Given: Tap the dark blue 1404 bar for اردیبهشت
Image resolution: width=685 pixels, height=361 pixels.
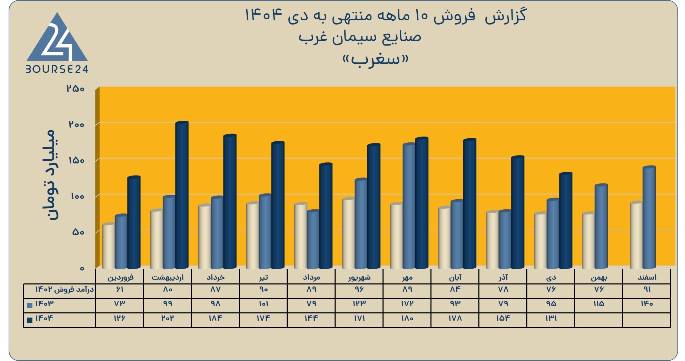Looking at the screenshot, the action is coord(182,195).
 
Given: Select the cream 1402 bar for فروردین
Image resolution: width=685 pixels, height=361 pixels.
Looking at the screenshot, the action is coord(109,246).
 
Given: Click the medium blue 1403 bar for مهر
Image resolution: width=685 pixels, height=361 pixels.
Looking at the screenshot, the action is coord(409,206).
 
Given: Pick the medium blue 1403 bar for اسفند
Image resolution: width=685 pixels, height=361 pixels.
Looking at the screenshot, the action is coord(649,218).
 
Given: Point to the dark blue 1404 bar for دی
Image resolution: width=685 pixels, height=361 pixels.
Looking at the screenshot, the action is coord(566,221).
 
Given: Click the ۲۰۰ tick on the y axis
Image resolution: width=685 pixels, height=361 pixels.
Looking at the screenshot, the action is coord(76,124).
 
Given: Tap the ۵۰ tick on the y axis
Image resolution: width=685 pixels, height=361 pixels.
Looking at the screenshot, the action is coord(78,232).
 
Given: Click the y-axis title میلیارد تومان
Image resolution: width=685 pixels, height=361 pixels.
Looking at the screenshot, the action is coord(50,175).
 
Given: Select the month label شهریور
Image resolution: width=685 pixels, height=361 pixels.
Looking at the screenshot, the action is coord(359,277).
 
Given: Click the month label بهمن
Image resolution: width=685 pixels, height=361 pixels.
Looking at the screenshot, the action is coord(599,277).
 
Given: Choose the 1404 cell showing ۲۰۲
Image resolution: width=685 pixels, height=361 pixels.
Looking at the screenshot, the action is coord(168,318).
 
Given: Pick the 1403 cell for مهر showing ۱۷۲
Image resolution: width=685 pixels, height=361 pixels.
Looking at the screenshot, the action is coord(407,304).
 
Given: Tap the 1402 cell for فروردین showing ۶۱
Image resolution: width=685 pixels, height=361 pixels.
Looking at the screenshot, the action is coord(120,289).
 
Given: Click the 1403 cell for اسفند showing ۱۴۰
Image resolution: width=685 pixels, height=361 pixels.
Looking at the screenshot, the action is coord(647,304).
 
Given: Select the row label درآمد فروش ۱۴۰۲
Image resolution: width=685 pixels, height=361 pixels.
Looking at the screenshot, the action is coord(64,289).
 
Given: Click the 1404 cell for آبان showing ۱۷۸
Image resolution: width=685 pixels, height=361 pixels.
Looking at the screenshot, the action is coord(455,318).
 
